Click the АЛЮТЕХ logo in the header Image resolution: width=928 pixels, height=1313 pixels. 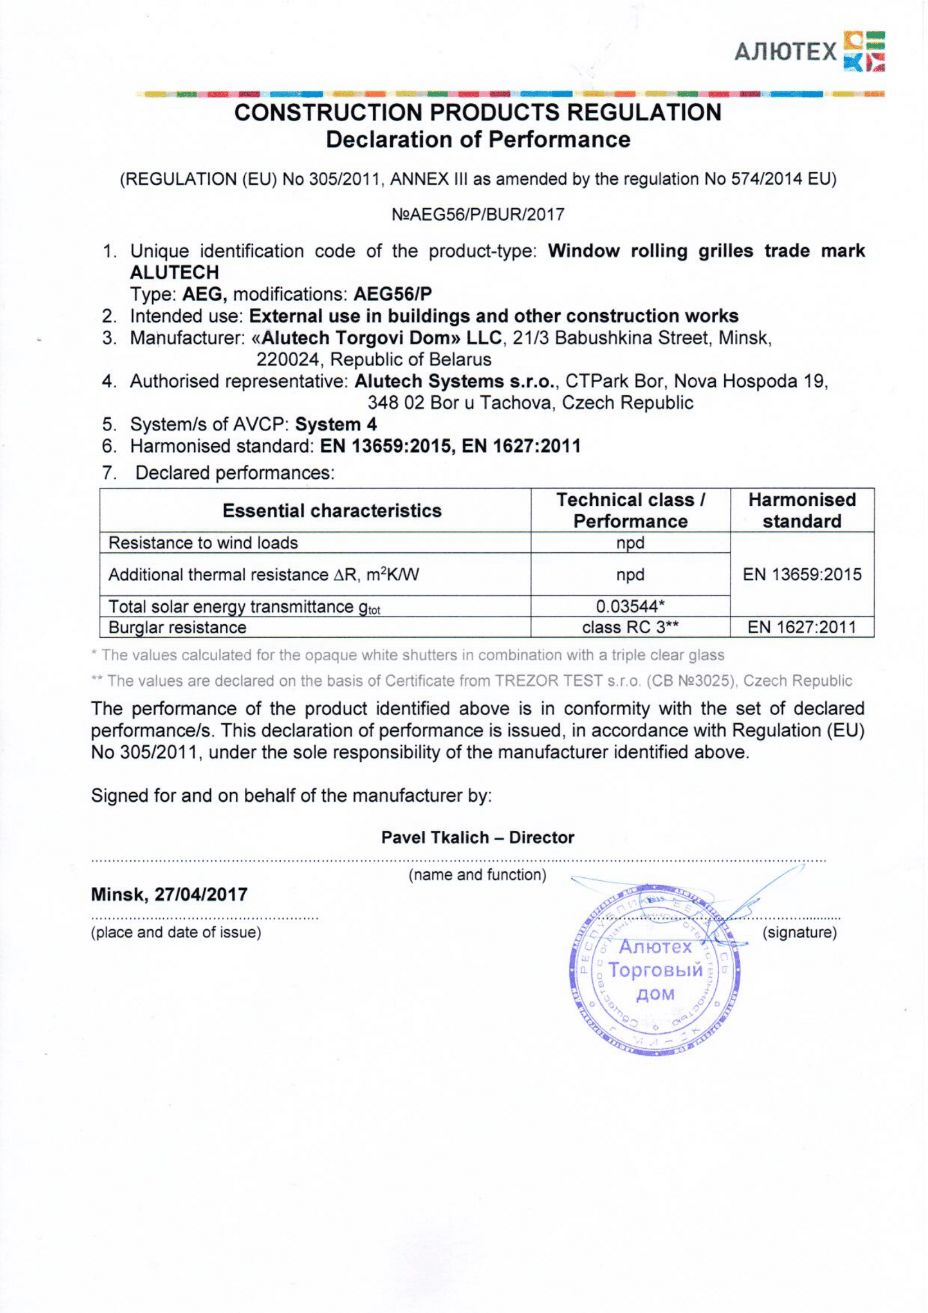(808, 52)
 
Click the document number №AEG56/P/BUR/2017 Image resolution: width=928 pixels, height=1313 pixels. (478, 214)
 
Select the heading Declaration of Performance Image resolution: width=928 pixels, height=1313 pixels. (478, 140)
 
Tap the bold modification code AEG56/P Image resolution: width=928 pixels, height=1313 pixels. (393, 294)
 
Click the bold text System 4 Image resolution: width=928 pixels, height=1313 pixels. (336, 424)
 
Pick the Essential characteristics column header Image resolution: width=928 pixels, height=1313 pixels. (332, 510)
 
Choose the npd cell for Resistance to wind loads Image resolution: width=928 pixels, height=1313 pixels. (630, 543)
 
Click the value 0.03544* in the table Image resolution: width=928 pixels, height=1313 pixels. (630, 606)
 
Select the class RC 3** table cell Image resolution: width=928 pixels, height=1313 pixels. (630, 628)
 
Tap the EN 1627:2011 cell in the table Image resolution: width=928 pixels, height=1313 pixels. (802, 628)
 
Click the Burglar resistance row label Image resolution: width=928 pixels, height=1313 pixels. (177, 628)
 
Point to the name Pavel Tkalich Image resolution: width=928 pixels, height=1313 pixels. (435, 837)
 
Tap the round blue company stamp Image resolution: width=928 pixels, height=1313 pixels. (655, 971)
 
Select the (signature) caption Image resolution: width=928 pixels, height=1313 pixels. (799, 933)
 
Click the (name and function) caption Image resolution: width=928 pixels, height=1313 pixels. (477, 875)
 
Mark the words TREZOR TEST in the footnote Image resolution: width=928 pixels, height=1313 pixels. (548, 680)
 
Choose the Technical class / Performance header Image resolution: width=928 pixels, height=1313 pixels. (630, 510)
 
